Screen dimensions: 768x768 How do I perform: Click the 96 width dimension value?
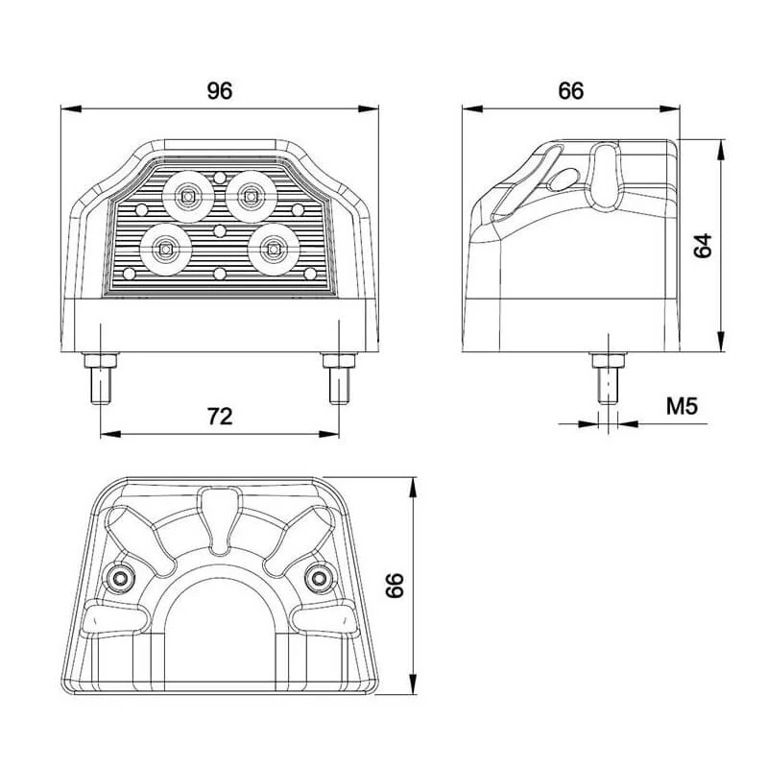point(220,91)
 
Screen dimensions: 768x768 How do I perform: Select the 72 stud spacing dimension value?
point(221,416)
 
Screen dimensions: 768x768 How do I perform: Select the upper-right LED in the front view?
point(252,196)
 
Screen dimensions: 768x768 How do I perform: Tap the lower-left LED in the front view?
point(165,248)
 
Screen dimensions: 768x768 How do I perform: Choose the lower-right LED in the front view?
point(274,248)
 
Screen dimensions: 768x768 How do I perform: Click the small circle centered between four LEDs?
point(220,230)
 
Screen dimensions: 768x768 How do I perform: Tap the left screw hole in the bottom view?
point(122,577)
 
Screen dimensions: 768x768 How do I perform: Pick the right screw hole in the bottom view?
point(319,577)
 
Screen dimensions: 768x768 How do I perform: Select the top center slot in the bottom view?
point(220,508)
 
